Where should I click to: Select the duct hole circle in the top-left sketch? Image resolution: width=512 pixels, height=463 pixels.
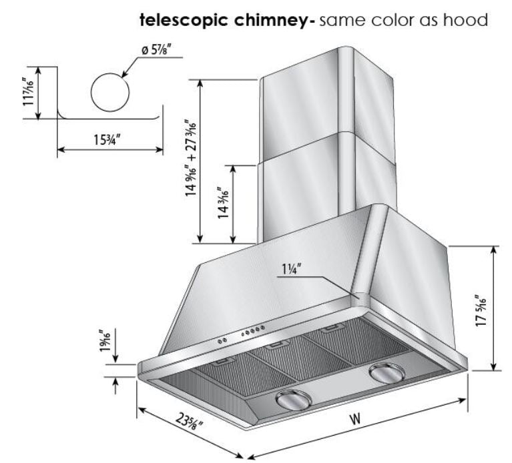[109, 93]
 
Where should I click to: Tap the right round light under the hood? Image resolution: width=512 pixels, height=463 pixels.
[385, 374]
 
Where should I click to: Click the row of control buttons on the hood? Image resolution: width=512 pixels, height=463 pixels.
[254, 332]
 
